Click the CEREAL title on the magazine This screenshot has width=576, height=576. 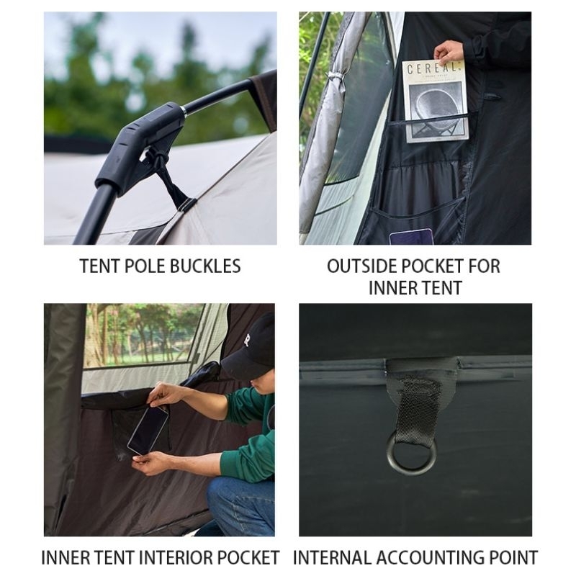click(x=433, y=68)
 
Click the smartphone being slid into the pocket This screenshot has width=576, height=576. click(x=148, y=431)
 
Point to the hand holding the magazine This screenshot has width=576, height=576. click(x=449, y=52)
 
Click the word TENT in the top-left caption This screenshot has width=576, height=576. click(x=99, y=266)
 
